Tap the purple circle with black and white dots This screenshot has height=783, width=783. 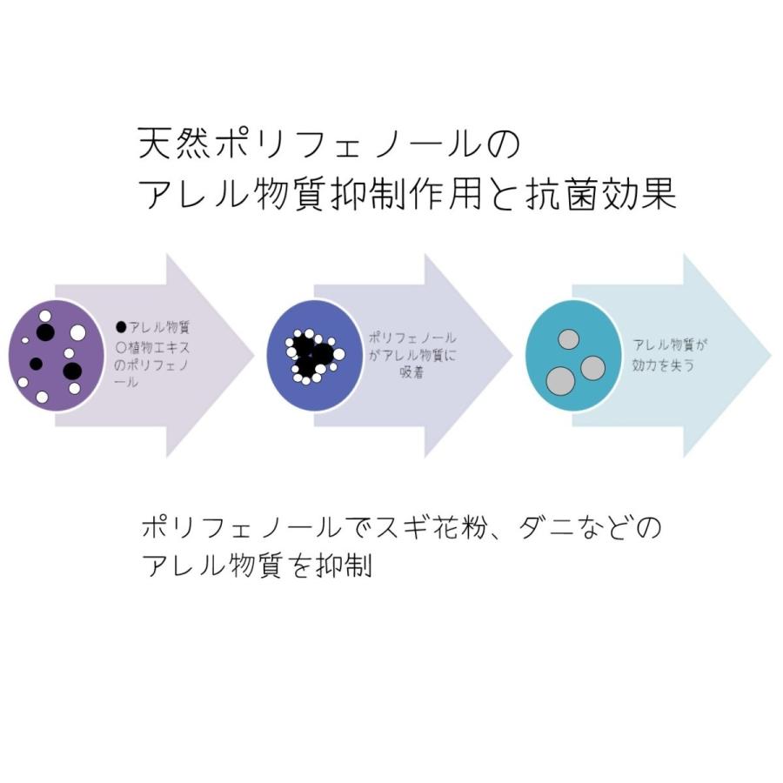click(56, 356)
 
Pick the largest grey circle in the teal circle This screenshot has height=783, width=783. click(560, 382)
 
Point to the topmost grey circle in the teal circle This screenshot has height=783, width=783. click(568, 339)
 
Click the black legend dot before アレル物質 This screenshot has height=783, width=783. click(121, 327)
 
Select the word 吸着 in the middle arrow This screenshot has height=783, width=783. click(412, 372)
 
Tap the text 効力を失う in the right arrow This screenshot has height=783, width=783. click(663, 365)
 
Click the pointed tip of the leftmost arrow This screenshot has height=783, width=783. click(255, 356)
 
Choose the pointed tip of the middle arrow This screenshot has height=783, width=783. click(512, 356)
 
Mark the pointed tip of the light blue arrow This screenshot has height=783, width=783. click(772, 356)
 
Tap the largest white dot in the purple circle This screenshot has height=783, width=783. click(78, 332)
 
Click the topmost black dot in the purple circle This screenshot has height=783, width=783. click(45, 332)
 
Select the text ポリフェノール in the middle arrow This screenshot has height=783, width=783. click(412, 338)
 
